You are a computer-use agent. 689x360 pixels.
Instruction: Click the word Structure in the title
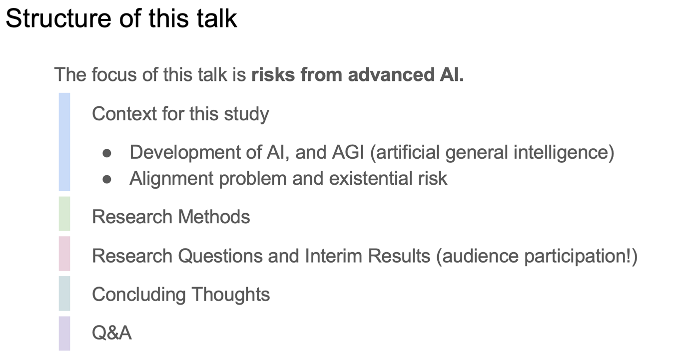click(58, 18)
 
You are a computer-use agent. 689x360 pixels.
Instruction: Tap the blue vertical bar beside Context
click(64, 142)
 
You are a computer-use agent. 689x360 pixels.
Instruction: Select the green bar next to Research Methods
click(64, 214)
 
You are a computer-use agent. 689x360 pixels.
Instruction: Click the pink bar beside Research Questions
click(64, 254)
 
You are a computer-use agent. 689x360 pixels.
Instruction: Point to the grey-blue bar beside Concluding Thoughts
click(64, 293)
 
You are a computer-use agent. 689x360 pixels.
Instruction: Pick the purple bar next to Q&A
click(64, 333)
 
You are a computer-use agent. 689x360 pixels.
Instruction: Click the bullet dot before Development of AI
click(107, 153)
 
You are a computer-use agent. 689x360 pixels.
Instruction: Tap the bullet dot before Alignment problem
click(107, 179)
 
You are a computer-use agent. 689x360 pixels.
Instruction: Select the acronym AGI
click(348, 152)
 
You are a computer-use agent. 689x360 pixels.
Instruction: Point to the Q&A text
click(111, 333)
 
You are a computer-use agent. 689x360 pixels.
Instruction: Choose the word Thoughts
click(231, 294)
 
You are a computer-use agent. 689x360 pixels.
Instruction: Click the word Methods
click(214, 217)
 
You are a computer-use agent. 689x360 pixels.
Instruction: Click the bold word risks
click(273, 75)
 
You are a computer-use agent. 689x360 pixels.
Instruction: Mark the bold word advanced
click(391, 75)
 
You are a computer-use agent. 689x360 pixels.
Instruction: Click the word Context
click(124, 114)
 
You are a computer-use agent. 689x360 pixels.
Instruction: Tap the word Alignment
click(172, 179)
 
